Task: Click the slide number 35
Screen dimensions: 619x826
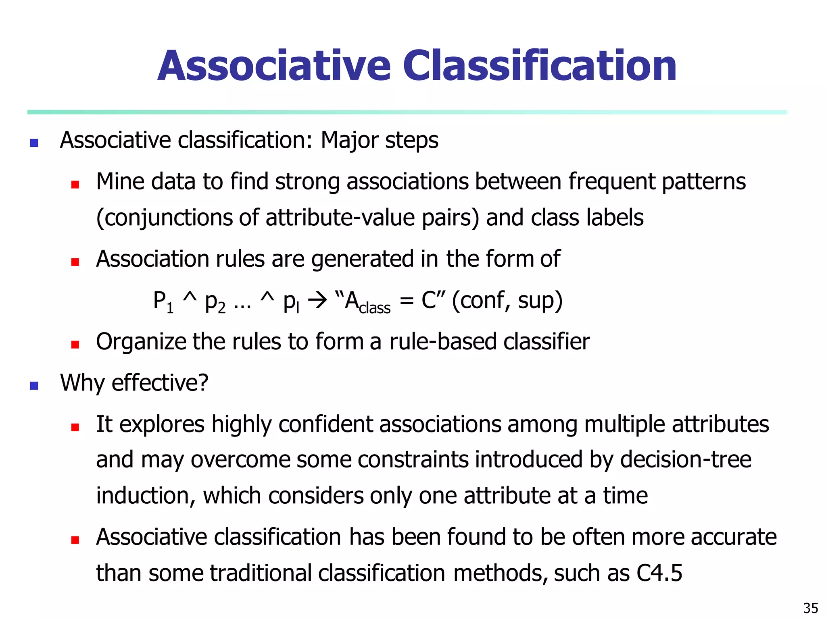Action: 811,608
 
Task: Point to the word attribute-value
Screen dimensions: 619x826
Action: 340,218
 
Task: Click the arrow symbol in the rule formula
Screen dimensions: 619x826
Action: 317,301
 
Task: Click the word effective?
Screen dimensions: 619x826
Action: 160,383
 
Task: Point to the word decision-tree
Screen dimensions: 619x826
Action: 686,460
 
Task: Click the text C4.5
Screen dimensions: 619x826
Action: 659,573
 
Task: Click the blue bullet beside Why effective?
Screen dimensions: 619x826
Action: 34,386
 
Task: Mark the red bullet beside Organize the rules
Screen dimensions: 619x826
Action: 75,345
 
